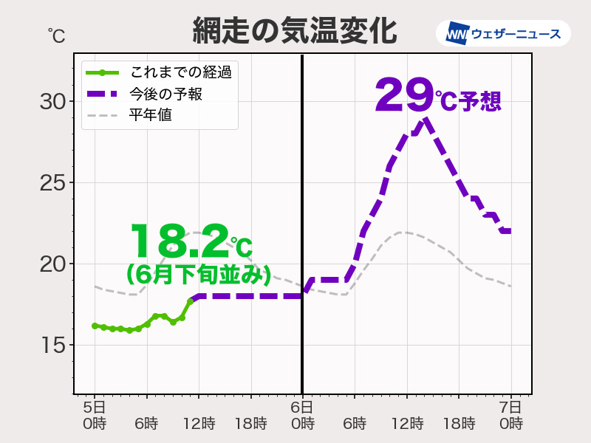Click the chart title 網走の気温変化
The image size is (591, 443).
pos(295,31)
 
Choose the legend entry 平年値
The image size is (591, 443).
pos(151,115)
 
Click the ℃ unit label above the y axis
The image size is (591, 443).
pos(56,34)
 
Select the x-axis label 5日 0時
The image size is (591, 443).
pos(95,415)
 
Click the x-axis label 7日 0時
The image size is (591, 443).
pos(510,415)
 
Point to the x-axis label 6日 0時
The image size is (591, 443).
pos(302,415)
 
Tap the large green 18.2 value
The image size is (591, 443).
pos(179,241)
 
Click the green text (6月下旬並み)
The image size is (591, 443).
pos(198,274)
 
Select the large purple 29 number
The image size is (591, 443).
pos(403,96)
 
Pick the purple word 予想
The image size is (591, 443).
pos(480,100)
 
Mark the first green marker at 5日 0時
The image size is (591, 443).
pos(95,326)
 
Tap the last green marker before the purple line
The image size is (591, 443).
pos(190,301)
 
